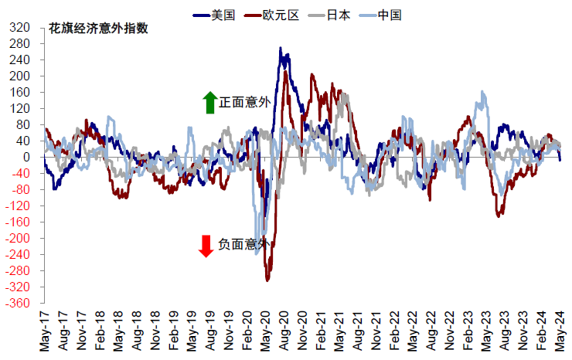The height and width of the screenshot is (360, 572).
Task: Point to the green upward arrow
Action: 209,102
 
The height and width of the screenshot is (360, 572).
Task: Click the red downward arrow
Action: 206,246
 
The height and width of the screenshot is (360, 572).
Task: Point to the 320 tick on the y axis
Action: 22,27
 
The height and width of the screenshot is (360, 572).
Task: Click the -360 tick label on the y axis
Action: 19,303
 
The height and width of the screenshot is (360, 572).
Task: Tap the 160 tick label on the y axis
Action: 22,92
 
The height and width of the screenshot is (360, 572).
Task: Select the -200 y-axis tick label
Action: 19,238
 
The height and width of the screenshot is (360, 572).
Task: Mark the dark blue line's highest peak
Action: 281,48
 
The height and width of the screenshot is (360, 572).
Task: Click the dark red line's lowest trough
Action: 267,280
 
